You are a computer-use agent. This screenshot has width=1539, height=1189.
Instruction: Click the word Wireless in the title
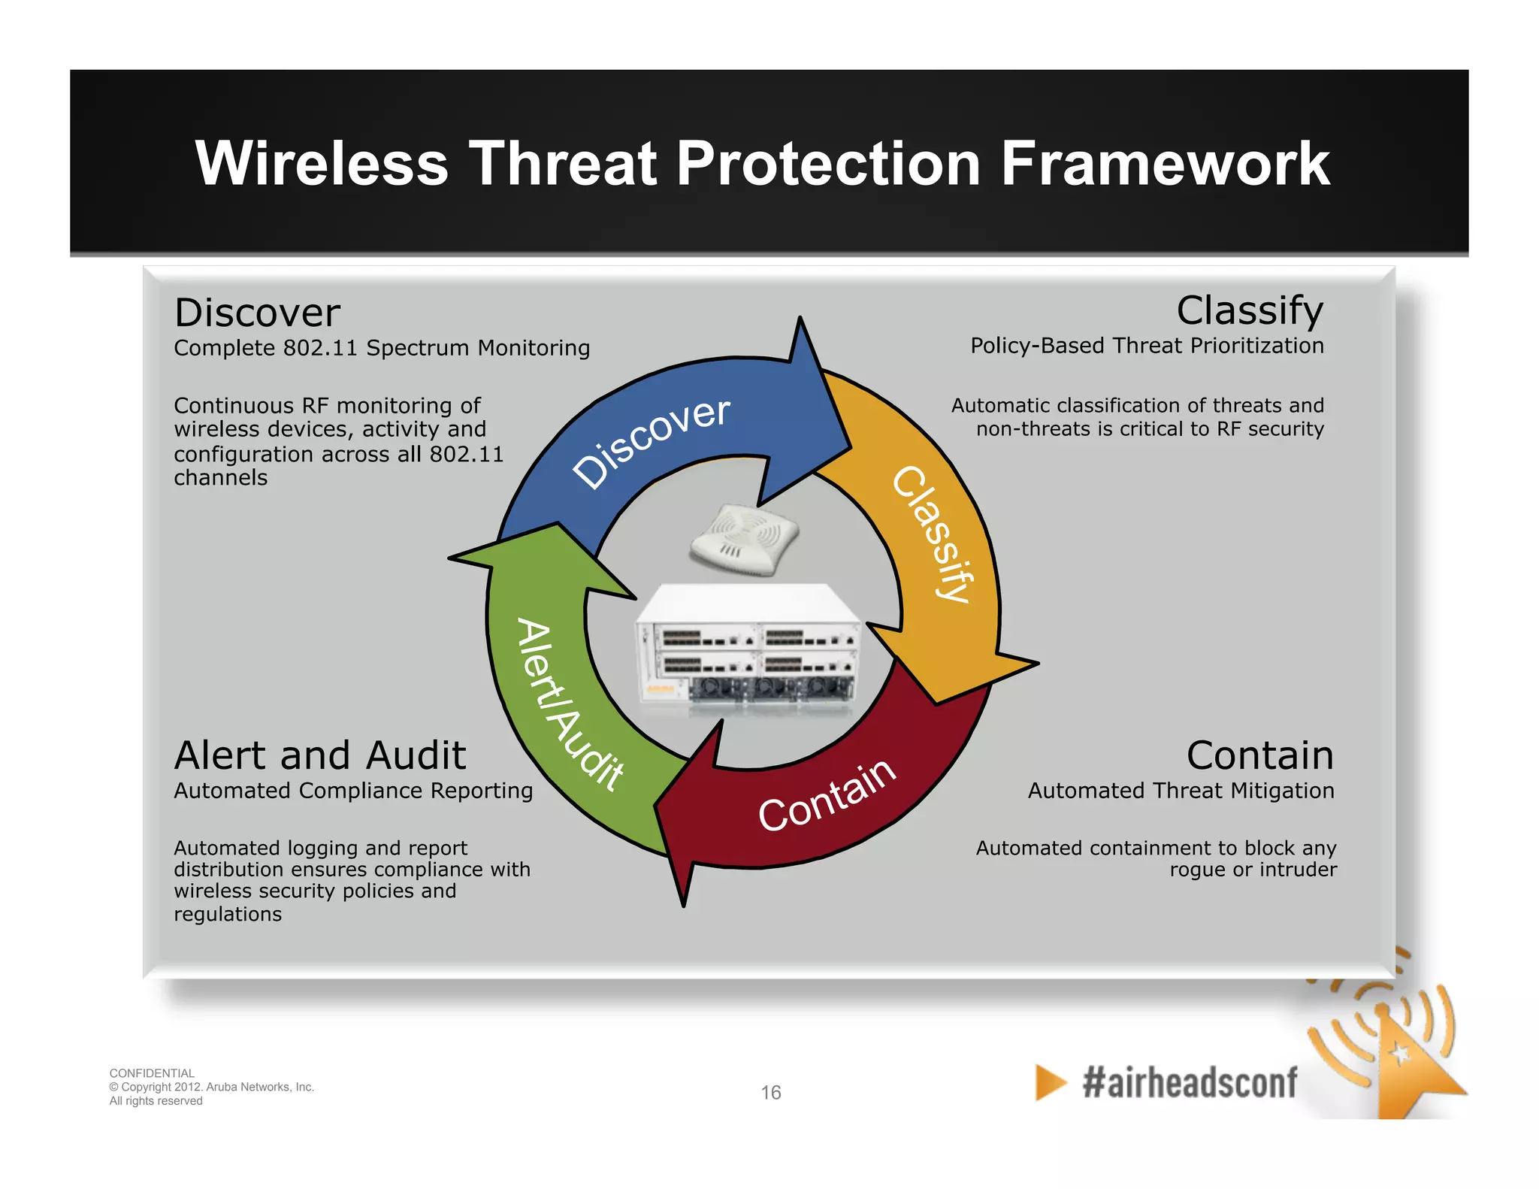322,164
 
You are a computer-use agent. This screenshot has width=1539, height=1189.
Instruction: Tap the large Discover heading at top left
257,313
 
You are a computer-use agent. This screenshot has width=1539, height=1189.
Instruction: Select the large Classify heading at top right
1249,310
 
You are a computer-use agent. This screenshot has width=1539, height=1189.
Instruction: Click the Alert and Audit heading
320,755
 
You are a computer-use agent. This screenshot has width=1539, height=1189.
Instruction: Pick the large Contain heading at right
1259,755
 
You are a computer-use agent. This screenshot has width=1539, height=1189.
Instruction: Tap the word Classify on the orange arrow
934,534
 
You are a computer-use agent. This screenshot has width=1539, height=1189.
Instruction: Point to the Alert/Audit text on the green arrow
570,705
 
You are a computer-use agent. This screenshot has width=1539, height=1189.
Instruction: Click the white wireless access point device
744,539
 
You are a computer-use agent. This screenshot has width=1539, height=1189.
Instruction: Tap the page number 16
771,1092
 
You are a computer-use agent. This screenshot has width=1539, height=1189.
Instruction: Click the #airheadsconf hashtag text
1190,1083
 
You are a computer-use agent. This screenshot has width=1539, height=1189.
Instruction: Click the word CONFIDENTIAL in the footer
152,1073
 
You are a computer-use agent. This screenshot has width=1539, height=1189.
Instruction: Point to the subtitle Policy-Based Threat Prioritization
1147,346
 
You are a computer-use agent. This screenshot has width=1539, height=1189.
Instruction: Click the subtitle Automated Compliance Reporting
353,791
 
